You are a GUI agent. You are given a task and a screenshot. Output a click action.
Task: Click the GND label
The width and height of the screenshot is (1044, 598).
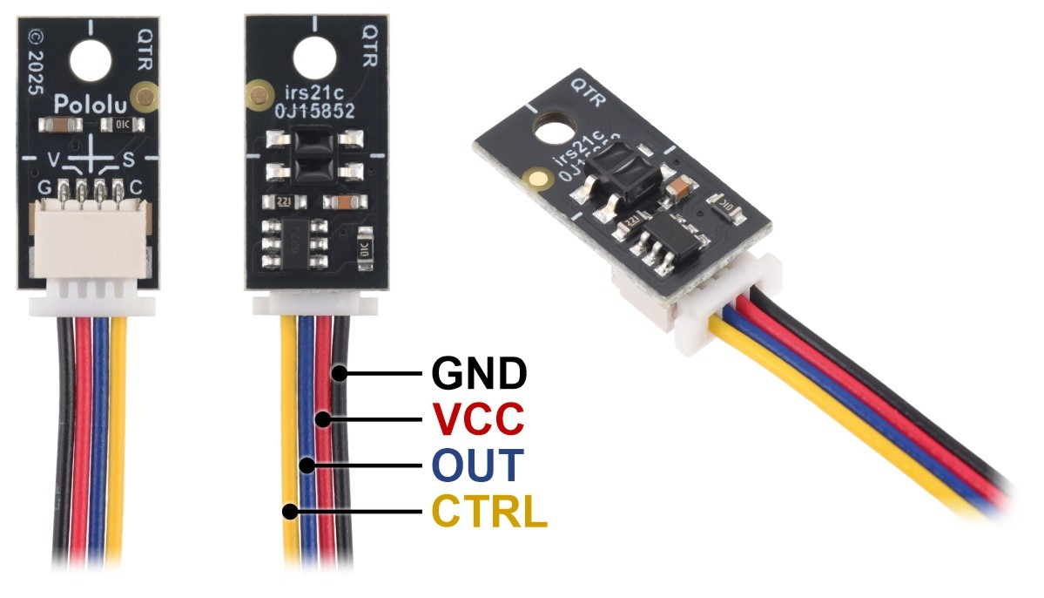479,374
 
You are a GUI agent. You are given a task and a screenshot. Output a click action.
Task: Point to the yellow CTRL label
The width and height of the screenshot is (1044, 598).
490,512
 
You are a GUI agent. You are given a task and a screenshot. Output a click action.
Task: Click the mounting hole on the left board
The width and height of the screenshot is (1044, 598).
91,60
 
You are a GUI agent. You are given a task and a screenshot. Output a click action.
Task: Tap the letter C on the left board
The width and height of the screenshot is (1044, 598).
136,187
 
